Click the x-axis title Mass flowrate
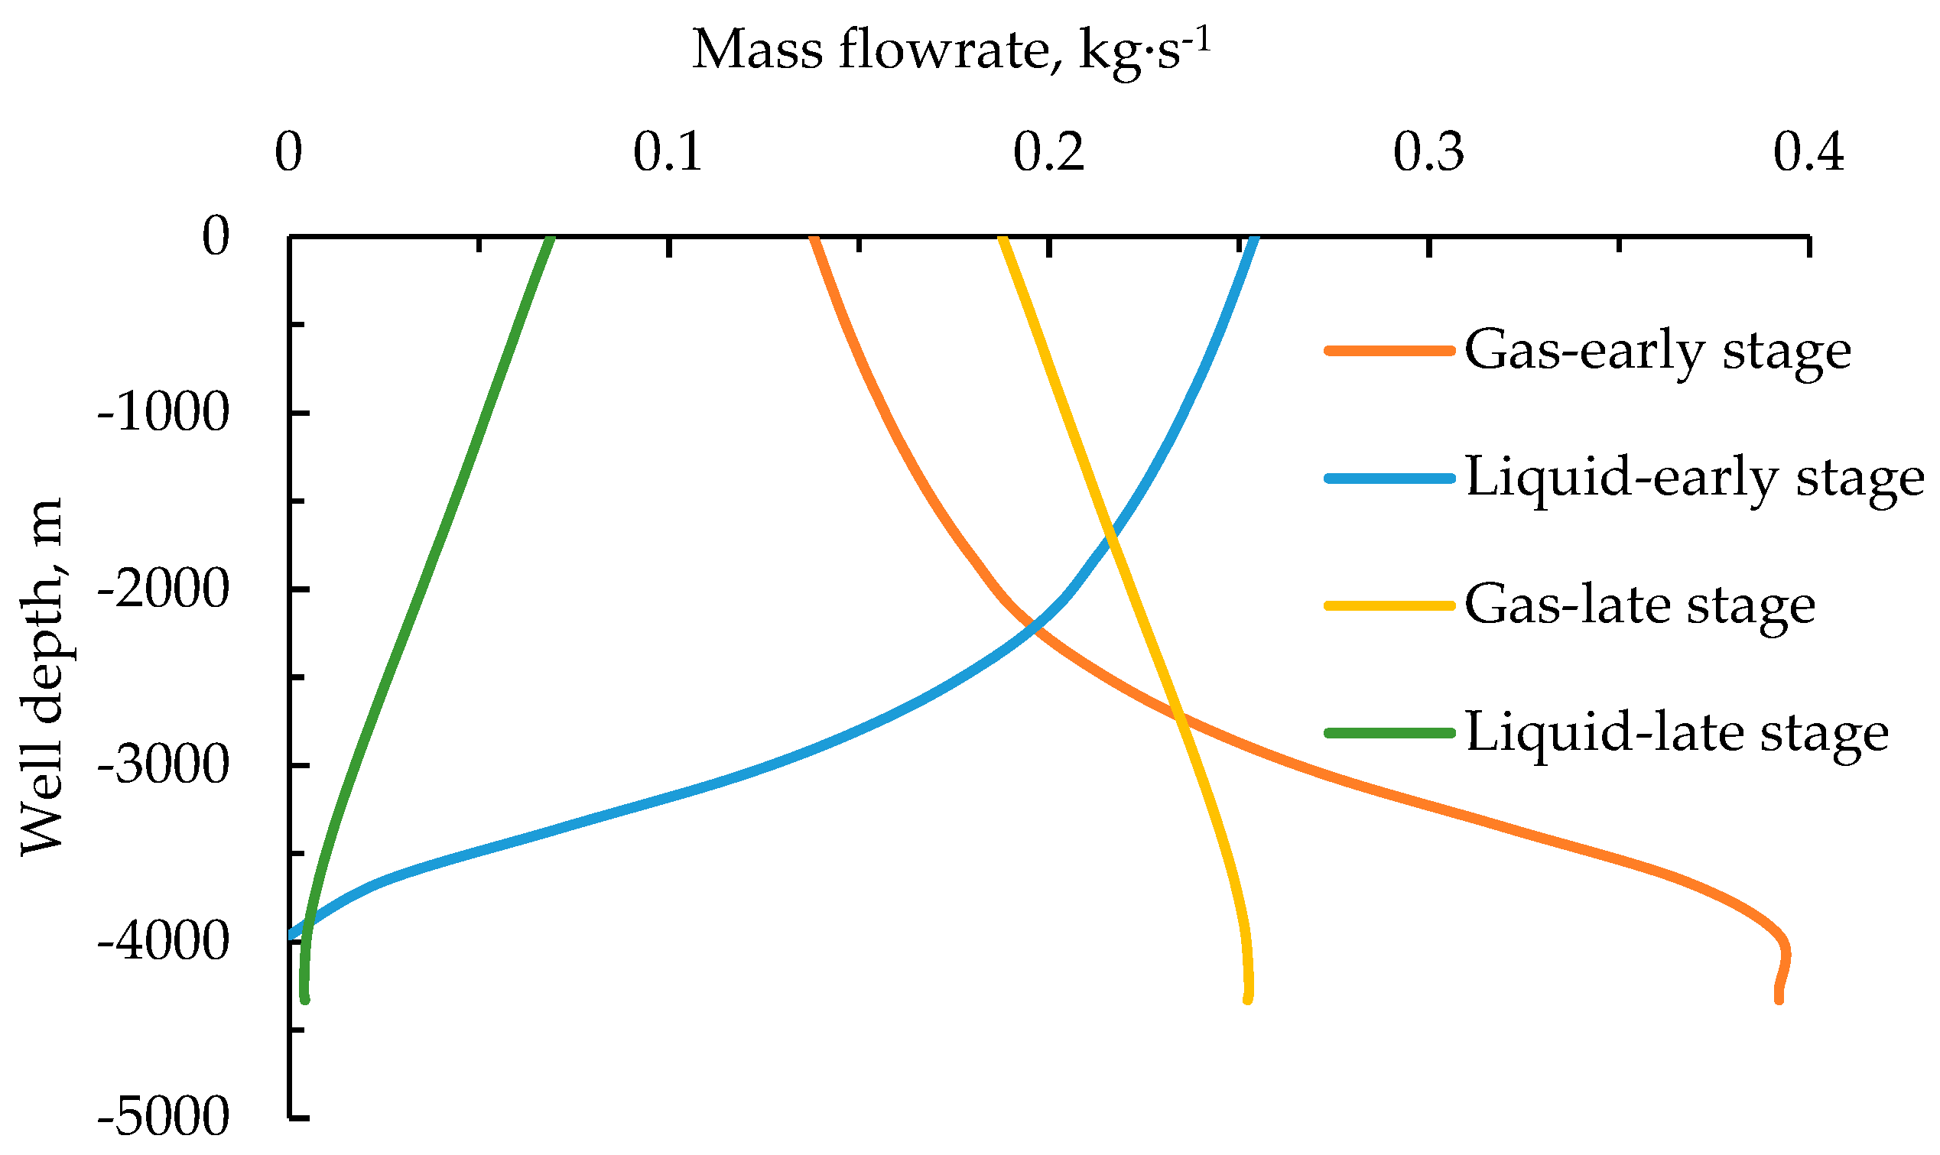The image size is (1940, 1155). [x=951, y=51]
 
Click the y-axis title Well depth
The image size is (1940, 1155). [x=43, y=677]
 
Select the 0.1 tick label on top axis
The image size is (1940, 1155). [x=668, y=153]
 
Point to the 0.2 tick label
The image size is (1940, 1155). [x=1048, y=153]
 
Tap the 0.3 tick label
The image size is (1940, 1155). [x=1428, y=153]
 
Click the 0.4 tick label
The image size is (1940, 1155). [x=1808, y=153]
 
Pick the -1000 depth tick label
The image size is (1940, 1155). [x=164, y=413]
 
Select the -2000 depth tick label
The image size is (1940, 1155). [x=164, y=589]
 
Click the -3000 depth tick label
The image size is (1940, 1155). [x=164, y=766]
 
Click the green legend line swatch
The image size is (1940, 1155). [x=1389, y=733]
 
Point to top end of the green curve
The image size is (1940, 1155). [x=551, y=239]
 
